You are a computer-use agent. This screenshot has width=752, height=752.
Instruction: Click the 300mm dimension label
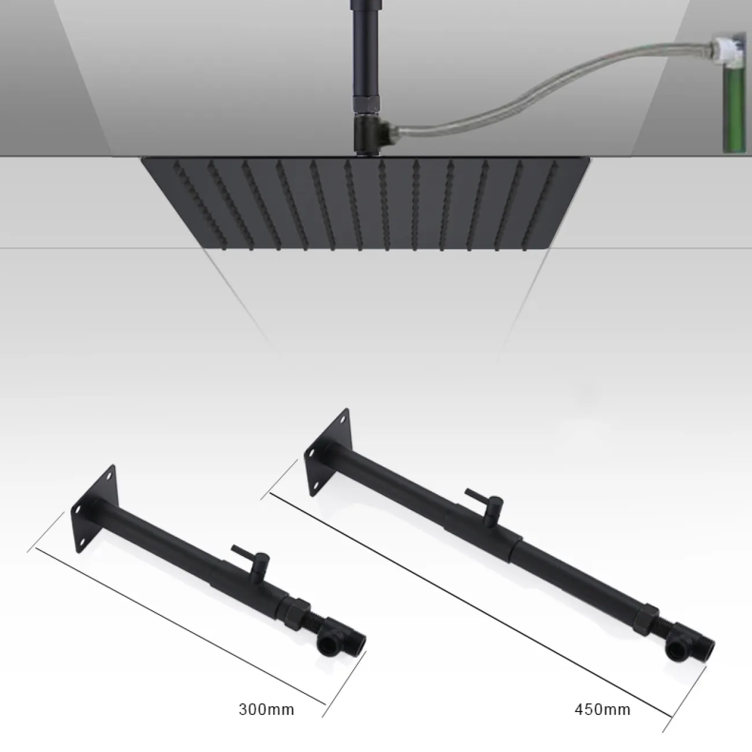[267, 698]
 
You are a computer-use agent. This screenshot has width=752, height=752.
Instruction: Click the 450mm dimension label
[602, 698]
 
